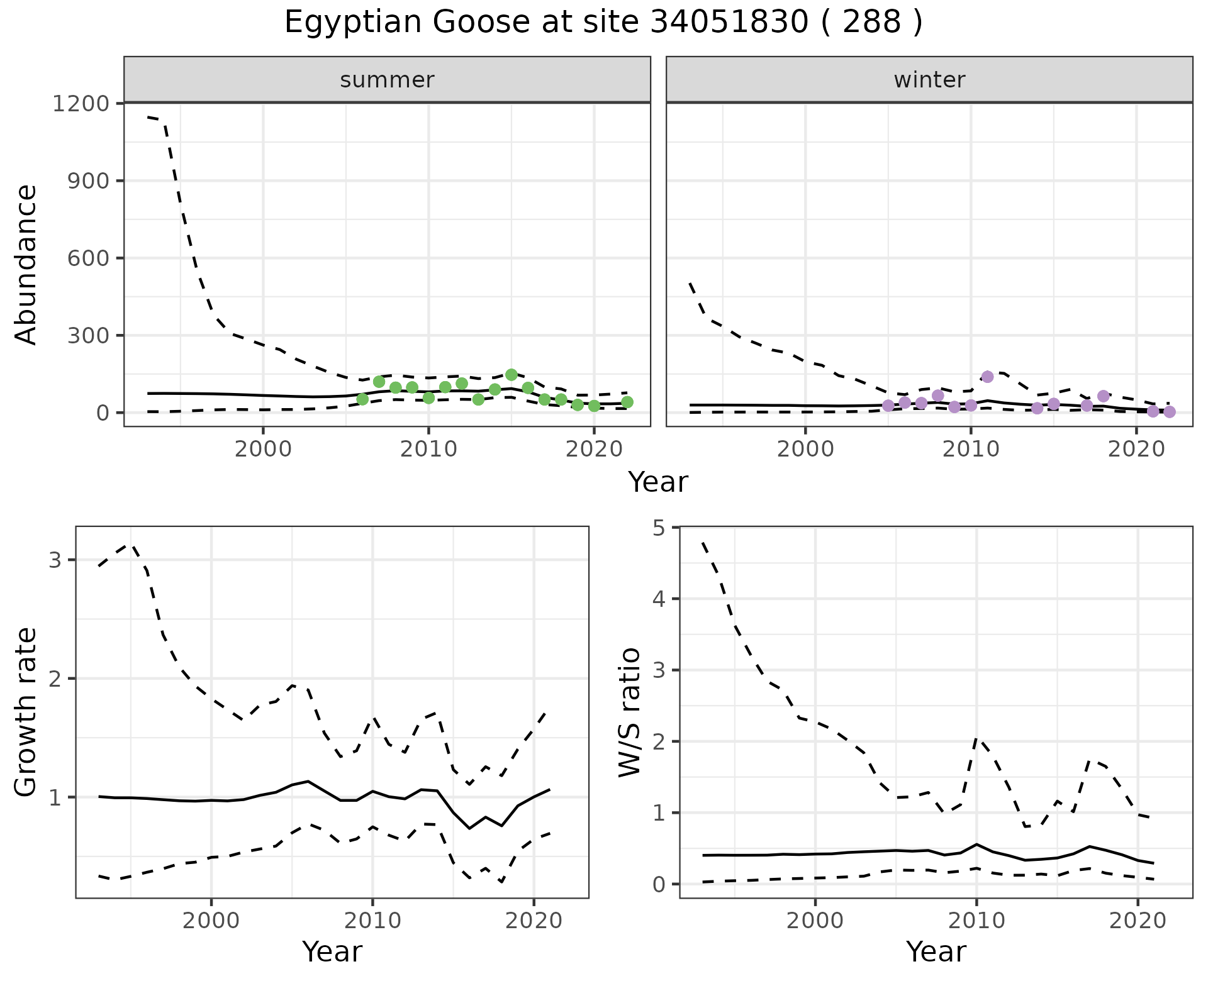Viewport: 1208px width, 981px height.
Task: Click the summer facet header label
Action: (387, 80)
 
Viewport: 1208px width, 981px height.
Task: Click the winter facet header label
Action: (929, 80)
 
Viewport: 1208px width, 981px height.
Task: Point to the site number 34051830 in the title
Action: (729, 23)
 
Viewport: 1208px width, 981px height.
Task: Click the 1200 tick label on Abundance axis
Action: (81, 103)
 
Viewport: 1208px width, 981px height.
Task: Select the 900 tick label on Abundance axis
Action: (87, 180)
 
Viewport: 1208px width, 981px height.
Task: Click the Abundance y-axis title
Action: (26, 264)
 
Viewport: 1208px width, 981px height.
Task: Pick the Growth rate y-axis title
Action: (26, 712)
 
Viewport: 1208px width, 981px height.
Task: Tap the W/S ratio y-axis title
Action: (630, 712)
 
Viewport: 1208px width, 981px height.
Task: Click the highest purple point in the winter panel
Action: (987, 377)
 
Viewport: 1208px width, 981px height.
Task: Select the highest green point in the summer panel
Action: (512, 375)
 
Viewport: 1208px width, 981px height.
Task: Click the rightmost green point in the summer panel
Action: (627, 402)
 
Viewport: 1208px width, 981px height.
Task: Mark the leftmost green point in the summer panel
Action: (362, 399)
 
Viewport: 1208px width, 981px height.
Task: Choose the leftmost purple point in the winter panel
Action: (888, 406)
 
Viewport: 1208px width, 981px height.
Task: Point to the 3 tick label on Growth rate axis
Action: (55, 560)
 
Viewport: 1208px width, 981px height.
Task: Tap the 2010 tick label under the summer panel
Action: (428, 450)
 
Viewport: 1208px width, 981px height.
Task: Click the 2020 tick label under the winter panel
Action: (1136, 450)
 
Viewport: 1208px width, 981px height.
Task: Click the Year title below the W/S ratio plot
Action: (936, 952)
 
